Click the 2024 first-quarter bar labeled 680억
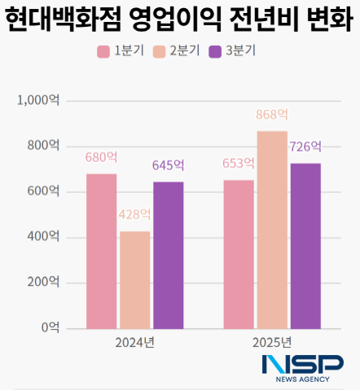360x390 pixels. click(x=101, y=251)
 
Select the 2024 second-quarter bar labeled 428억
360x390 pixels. click(x=134, y=279)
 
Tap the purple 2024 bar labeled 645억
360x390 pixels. click(x=168, y=255)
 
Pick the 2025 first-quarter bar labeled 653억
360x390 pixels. click(x=239, y=254)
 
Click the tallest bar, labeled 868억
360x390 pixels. click(x=272, y=230)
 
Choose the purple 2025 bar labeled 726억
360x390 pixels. click(x=305, y=246)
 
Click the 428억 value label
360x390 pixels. click(x=134, y=215)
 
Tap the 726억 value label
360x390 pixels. click(x=305, y=147)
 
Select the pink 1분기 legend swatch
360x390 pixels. click(x=103, y=52)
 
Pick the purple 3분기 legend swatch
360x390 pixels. click(x=215, y=52)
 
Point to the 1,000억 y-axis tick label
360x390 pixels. click(x=38, y=100)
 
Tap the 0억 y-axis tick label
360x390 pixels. click(x=50, y=328)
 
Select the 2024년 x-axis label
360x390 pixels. click(x=134, y=342)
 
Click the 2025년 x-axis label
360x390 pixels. click(x=272, y=342)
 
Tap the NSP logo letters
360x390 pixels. click(x=302, y=365)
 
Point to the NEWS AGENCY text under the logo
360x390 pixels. click(x=302, y=380)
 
